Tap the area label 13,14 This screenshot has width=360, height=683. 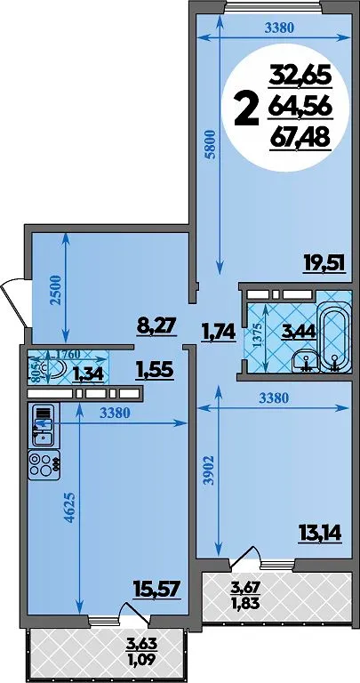point(320,532)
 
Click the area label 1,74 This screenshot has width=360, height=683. point(218,333)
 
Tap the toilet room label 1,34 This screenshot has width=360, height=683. point(88,374)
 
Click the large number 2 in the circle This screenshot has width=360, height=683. point(245,109)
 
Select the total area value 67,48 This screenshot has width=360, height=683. point(300,139)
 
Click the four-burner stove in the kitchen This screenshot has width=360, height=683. point(44,465)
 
